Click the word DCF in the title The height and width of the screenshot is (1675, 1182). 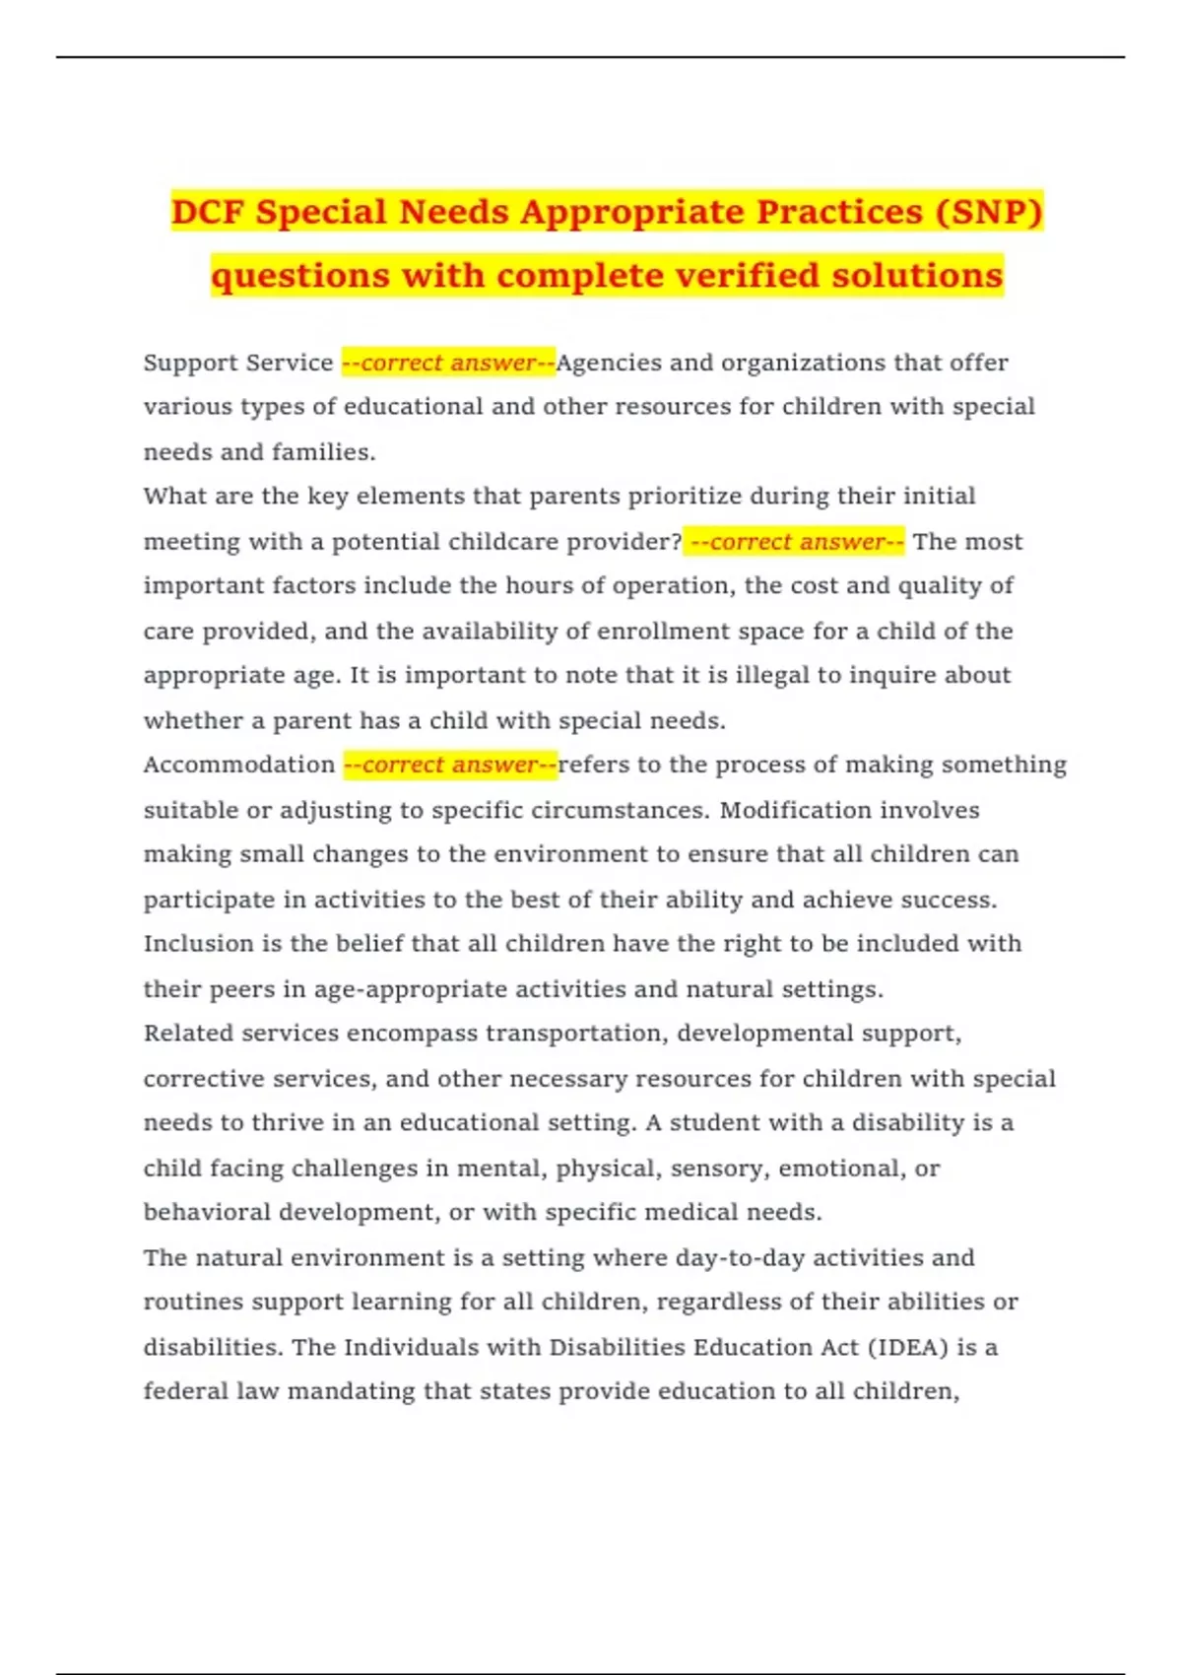pyautogui.click(x=209, y=212)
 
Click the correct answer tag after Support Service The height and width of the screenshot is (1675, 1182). pyautogui.click(x=448, y=363)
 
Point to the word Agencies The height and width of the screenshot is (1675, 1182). pyautogui.click(x=609, y=363)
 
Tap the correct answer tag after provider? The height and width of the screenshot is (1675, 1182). pyautogui.click(x=794, y=541)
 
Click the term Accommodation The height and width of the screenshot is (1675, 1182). pyautogui.click(x=239, y=765)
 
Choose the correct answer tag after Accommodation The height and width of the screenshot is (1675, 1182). pyautogui.click(x=450, y=765)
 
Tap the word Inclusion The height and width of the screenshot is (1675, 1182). pyautogui.click(x=199, y=943)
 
